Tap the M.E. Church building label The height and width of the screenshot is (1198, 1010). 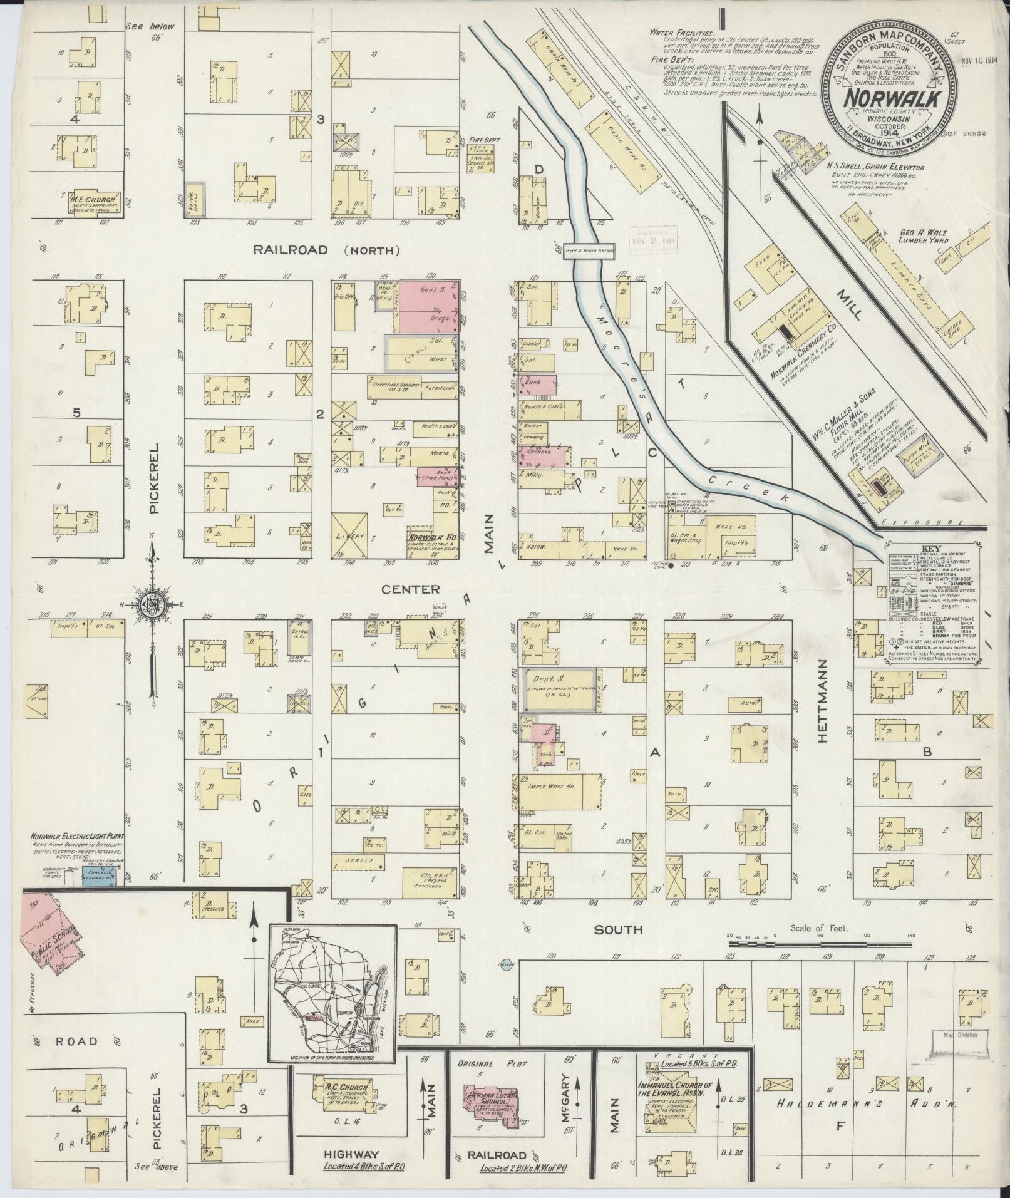pyautogui.click(x=93, y=200)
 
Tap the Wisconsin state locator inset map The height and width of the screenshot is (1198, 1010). pyautogui.click(x=332, y=994)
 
